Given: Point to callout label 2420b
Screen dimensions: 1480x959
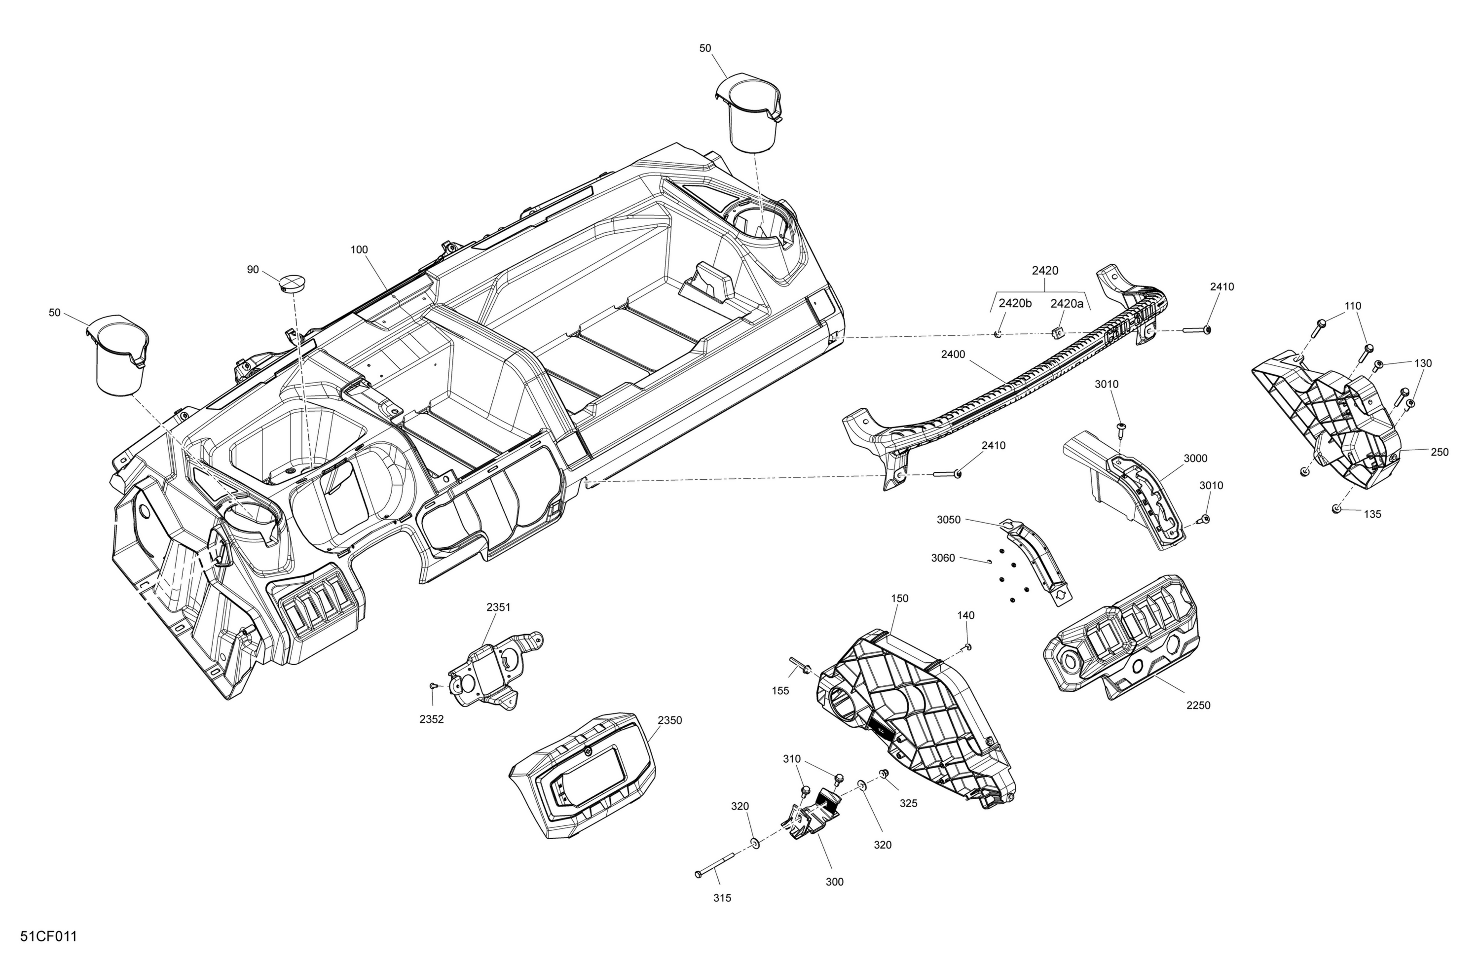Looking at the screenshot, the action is pyautogui.click(x=1015, y=303).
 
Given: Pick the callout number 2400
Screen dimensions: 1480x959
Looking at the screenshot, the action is pyautogui.click(x=953, y=355).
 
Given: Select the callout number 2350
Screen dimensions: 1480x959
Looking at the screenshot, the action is pyautogui.click(x=670, y=720).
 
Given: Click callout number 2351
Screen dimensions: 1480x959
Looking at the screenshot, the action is pyautogui.click(x=498, y=607).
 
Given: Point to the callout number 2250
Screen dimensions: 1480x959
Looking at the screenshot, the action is pyautogui.click(x=1198, y=706).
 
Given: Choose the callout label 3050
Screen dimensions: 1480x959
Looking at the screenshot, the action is pyautogui.click(x=948, y=520).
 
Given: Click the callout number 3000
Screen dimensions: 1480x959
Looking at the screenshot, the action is pyautogui.click(x=1195, y=458).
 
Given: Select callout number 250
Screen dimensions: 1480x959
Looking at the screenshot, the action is pyautogui.click(x=1440, y=453).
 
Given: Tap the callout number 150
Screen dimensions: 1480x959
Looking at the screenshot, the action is pyautogui.click(x=899, y=598).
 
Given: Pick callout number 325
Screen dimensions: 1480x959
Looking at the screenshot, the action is pyautogui.click(x=909, y=803).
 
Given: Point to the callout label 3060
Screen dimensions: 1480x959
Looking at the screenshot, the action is pyautogui.click(x=943, y=558).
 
